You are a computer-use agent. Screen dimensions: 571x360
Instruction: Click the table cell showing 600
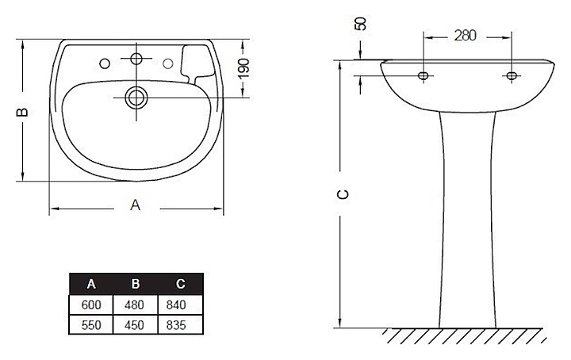(91, 304)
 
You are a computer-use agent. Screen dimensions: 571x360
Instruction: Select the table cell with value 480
(135, 304)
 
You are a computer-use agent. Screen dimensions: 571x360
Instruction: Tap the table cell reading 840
(180, 304)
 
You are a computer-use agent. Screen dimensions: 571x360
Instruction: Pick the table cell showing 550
(91, 324)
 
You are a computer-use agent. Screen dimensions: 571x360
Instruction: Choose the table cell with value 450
(135, 324)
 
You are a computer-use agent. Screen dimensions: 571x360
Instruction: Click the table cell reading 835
(180, 324)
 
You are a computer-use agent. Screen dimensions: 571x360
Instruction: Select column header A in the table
(91, 284)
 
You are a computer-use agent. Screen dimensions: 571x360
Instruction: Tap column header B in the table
(136, 284)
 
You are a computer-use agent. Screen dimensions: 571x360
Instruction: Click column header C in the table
(180, 284)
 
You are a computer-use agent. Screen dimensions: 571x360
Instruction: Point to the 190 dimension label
(243, 68)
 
